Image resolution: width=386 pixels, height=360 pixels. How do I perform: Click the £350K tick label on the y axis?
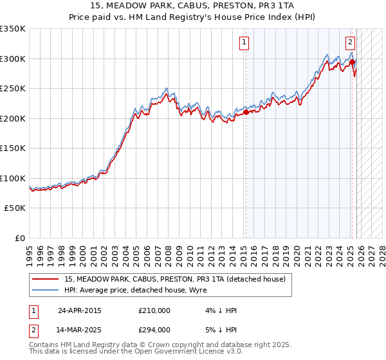click(13, 29)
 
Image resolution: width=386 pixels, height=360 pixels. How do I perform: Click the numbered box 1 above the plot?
click(245, 43)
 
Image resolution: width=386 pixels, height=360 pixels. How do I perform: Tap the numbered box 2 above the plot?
click(350, 43)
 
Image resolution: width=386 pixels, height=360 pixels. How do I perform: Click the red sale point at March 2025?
click(353, 62)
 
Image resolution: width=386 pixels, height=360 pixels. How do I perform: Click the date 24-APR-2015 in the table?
click(80, 310)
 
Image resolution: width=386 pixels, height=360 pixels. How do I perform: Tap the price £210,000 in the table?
click(154, 310)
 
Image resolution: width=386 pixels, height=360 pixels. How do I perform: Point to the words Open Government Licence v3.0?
click(187, 352)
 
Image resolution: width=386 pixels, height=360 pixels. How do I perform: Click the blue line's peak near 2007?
click(166, 88)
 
